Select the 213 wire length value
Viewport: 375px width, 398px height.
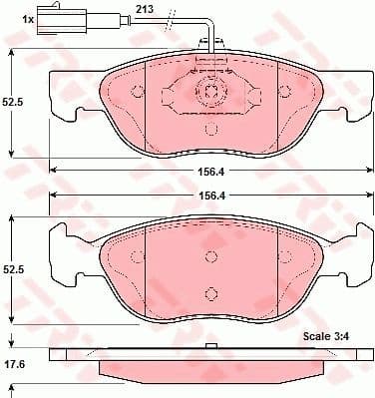pos(146,10)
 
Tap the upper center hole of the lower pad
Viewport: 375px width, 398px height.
pos(211,257)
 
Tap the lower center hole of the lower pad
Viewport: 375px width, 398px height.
pos(211,292)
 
